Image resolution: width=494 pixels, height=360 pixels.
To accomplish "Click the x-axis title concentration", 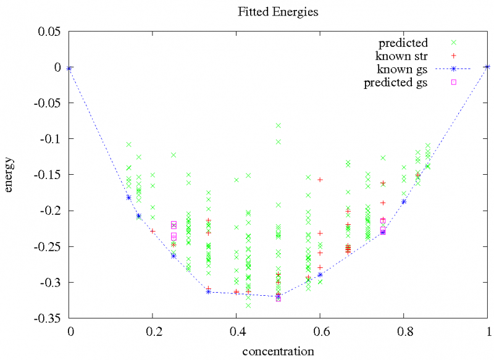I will [278, 351].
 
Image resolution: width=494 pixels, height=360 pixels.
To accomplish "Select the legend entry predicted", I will [403, 43].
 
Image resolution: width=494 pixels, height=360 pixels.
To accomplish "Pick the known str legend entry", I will [402, 56].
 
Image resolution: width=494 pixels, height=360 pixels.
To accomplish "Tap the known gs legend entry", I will [404, 69].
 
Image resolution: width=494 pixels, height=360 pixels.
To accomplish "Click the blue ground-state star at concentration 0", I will [69, 67].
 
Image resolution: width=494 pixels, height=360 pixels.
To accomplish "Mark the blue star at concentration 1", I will [488, 67].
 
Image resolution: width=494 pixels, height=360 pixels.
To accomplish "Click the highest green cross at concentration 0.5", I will [278, 125].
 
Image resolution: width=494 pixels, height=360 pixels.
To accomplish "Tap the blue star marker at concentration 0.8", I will [404, 202].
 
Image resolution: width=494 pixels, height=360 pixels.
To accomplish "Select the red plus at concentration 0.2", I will [153, 231].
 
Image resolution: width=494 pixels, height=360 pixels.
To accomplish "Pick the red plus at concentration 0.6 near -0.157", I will [320, 180].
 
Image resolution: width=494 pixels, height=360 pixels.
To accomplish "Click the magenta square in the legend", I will [453, 82].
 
